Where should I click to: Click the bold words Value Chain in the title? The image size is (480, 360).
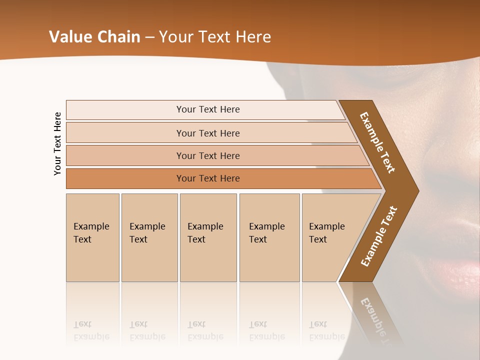(x=94, y=37)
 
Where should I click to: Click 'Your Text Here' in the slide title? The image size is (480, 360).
(x=215, y=37)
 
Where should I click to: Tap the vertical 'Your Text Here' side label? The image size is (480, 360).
(x=58, y=143)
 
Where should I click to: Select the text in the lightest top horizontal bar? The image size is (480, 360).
(x=208, y=109)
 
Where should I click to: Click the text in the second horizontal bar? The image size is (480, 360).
(x=208, y=133)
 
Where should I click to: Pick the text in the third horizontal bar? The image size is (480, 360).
(x=208, y=156)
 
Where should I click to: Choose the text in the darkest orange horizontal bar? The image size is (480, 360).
(x=208, y=178)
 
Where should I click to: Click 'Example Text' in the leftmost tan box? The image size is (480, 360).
(x=91, y=233)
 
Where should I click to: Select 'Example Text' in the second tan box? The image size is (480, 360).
(x=147, y=233)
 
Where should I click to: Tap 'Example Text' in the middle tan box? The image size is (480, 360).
(x=205, y=233)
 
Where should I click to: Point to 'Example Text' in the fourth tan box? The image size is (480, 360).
(x=266, y=233)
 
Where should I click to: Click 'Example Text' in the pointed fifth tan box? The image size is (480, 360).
(x=326, y=233)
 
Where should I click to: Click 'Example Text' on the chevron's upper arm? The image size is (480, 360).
(x=377, y=142)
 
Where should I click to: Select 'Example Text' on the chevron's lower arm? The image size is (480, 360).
(x=379, y=236)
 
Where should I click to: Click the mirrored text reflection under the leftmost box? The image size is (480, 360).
(x=91, y=330)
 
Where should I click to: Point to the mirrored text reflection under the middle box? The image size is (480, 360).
(x=205, y=330)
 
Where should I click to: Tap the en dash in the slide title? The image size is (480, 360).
(x=149, y=37)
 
